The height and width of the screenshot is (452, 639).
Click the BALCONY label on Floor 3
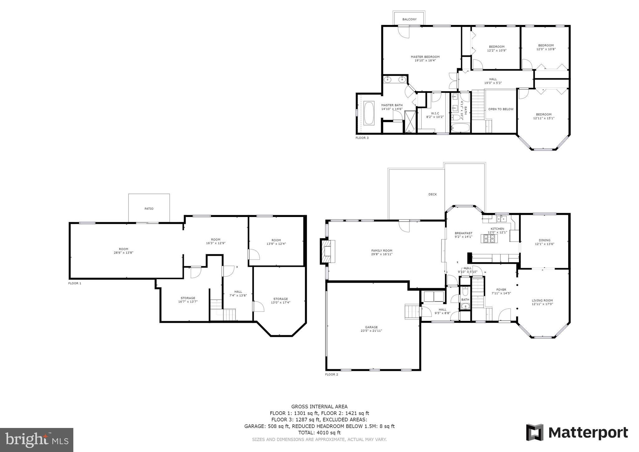point(409,19)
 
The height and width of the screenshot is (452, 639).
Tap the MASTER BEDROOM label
point(425,57)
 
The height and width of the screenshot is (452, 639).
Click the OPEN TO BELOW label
point(501,109)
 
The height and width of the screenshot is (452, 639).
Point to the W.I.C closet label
point(435,113)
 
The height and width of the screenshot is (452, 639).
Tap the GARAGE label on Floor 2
point(371,327)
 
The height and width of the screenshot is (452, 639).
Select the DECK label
point(432,194)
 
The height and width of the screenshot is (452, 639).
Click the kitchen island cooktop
point(489,238)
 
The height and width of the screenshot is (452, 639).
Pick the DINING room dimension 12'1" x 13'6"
point(544,244)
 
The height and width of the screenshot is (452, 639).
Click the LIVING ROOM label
point(542,300)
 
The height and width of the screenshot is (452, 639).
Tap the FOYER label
point(501,290)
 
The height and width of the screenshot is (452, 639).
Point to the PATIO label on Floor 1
point(149,209)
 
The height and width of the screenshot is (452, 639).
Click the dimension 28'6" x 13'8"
point(124,253)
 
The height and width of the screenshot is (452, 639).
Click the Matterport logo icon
point(535,433)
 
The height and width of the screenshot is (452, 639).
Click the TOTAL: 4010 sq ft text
point(319,433)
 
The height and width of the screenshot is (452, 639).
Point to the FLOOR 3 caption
point(362,138)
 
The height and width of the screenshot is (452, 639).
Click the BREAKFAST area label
point(463,233)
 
